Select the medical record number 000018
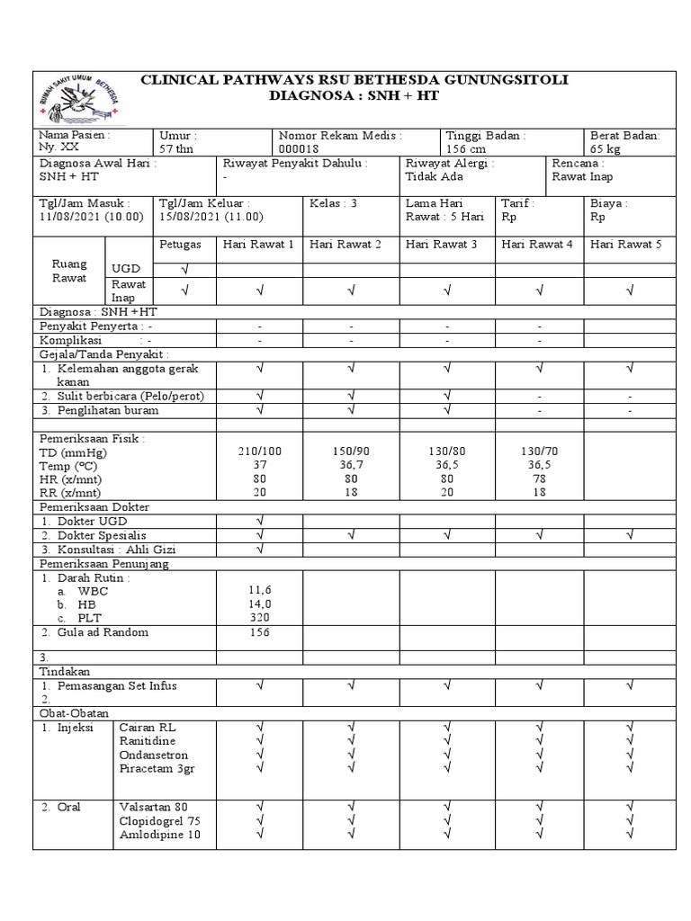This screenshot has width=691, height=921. [x=299, y=148]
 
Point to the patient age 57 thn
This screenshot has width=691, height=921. [x=178, y=148]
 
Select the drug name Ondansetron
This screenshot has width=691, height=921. [x=154, y=755]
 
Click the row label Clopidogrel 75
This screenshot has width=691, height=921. [x=160, y=821]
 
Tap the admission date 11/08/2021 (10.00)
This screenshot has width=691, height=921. [x=92, y=217]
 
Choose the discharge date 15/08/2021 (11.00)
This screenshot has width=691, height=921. [x=211, y=217]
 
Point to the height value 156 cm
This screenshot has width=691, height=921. [x=466, y=148]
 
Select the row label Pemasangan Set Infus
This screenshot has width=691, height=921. [x=117, y=685]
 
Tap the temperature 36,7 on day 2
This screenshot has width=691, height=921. [x=351, y=464]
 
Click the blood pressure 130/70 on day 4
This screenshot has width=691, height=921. [x=539, y=450]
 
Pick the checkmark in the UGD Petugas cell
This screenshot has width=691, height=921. [x=185, y=268]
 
